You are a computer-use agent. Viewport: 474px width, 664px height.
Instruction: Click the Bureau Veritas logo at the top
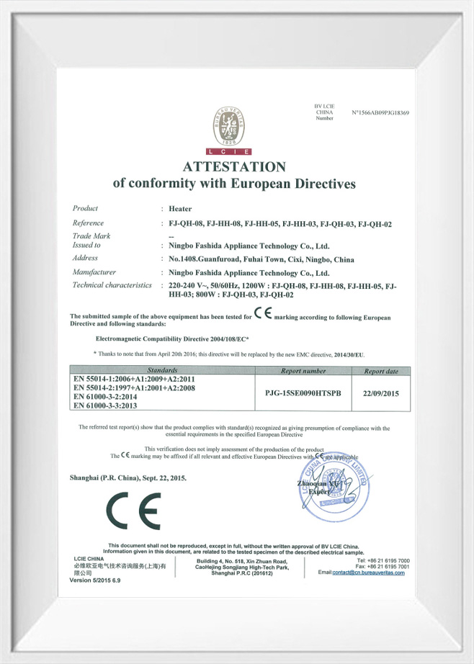229,130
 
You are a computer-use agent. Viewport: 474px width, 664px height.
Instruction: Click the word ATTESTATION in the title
234,167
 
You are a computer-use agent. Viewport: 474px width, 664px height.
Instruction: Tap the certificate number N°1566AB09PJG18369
380,113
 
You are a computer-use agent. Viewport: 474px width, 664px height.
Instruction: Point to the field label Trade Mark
91,235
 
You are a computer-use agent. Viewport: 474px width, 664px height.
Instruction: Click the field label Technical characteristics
112,285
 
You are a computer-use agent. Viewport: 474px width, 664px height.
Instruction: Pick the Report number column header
303,371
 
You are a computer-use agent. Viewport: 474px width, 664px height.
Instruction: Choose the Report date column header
381,371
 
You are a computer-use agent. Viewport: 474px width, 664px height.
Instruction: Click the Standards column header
164,370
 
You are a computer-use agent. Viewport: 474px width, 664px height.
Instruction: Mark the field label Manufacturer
94,272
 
